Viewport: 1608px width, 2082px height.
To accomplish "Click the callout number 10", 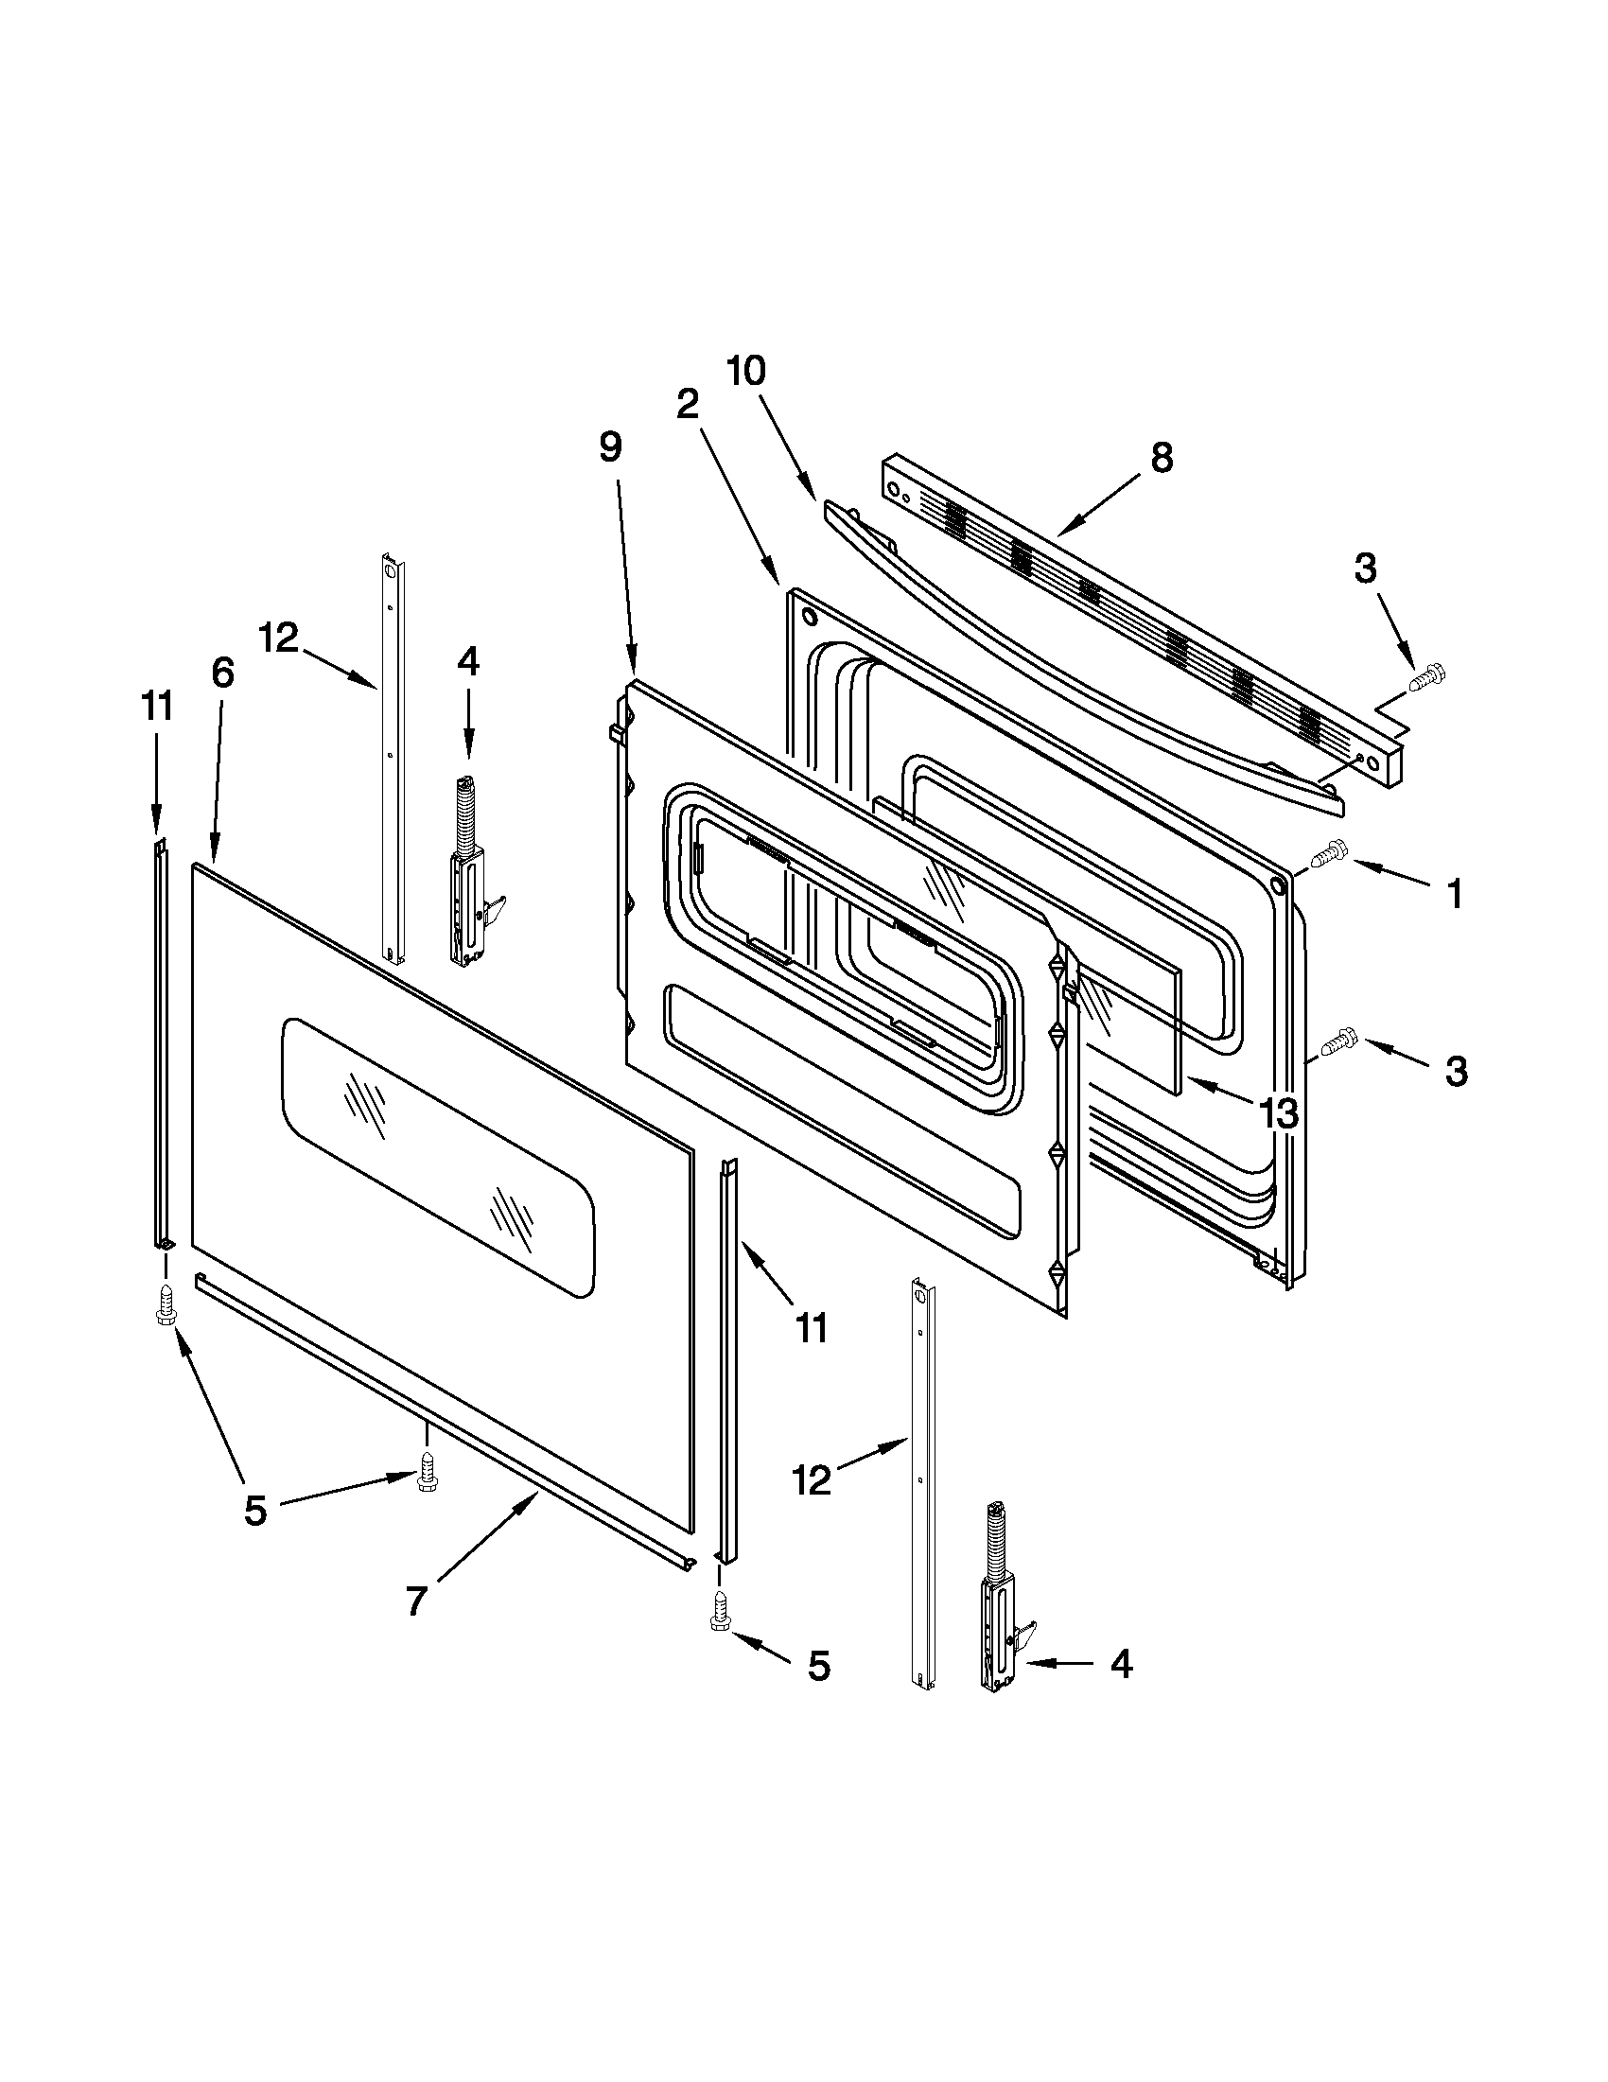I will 746,371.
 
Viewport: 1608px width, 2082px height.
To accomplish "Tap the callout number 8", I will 1161,458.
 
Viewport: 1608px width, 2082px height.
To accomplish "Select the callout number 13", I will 1277,1111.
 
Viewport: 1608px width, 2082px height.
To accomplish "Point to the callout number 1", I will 1454,894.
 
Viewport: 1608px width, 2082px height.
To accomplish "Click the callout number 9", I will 610,446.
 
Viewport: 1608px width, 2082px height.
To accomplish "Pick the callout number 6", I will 221,672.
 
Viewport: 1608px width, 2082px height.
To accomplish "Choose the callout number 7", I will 414,1601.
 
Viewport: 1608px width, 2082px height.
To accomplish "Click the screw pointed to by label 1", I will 1330,852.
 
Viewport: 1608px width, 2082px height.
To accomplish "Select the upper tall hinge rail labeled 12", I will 392,758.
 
